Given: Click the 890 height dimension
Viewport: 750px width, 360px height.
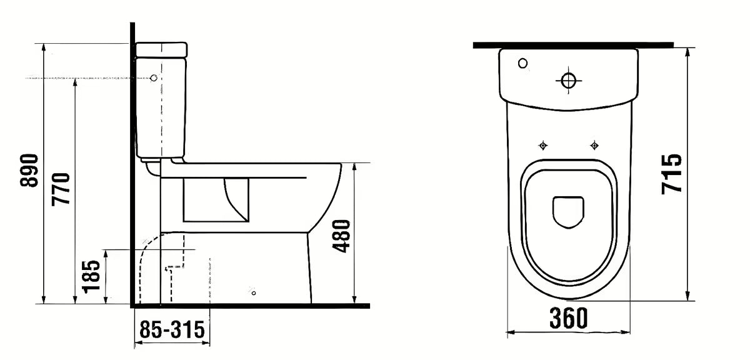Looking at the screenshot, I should point(29,171).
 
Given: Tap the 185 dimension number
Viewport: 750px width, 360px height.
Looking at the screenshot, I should point(91,276).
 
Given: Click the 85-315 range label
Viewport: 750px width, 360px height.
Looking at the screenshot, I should point(172,330).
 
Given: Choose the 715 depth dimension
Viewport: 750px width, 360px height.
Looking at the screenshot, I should point(671,173).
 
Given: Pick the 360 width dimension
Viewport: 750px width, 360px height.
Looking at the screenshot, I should point(568,319).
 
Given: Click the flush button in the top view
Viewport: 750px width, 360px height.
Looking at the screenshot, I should point(568,81).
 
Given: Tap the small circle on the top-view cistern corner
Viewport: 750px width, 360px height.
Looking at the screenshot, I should point(522,63).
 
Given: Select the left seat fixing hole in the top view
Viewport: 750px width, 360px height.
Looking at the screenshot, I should point(542,146).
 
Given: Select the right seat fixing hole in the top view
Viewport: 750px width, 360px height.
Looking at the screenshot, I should point(594,146).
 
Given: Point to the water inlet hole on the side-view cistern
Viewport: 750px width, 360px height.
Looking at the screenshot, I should point(154,78).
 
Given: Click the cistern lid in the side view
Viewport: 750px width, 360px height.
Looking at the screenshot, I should point(161,49).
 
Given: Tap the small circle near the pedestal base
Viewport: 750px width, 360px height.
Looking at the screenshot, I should point(253,292).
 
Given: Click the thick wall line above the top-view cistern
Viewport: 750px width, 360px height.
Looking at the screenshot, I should point(572,45).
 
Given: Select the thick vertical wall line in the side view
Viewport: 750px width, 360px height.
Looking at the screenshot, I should point(132,162).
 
